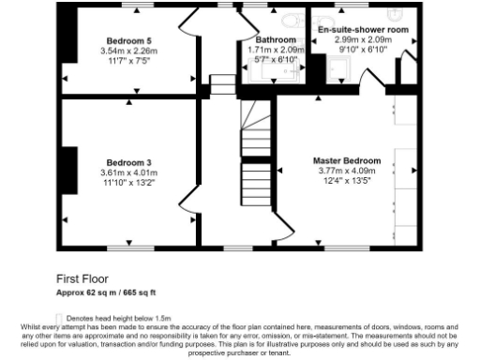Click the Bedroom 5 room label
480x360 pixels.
tap(128, 40)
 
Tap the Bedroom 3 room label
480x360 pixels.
tap(128, 162)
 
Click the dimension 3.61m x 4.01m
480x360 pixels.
tap(128, 172)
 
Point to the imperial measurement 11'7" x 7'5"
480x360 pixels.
tap(128, 61)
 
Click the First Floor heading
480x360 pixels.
tap(82, 278)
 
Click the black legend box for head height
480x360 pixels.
tap(60, 317)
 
